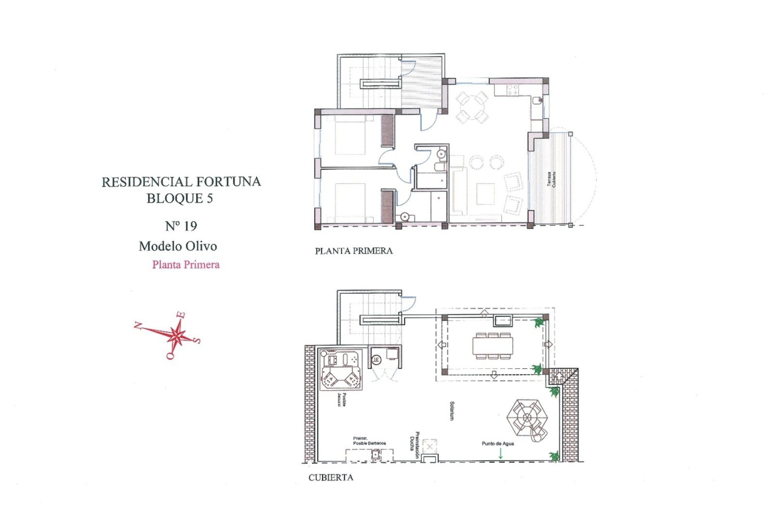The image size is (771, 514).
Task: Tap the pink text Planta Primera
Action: point(186,265)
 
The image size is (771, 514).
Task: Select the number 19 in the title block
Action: point(190,226)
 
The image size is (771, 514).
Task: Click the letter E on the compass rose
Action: point(182,315)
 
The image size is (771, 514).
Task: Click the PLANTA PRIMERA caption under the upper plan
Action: point(353,251)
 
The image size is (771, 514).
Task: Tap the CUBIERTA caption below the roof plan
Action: point(330,477)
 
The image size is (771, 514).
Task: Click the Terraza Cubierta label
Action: point(552,179)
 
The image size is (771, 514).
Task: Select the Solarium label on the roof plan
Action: point(452,411)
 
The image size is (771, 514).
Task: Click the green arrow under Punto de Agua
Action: point(500,453)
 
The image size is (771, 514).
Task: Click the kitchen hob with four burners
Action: point(512,90)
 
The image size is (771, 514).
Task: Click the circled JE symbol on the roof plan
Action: point(376,360)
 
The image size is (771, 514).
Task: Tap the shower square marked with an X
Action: point(430,447)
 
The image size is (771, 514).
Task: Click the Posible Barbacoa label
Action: point(369,441)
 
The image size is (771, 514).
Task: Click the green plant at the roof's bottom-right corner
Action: point(555,456)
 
